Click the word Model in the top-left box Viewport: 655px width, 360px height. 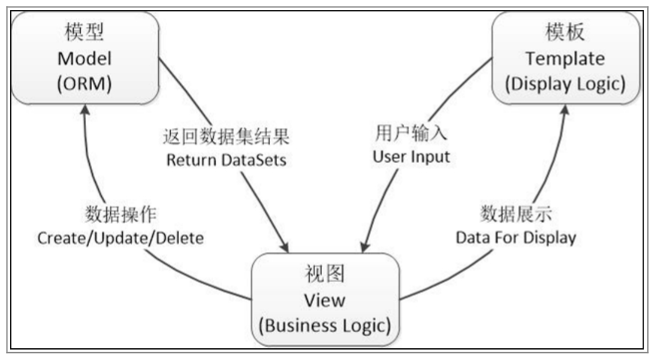(x=84, y=59)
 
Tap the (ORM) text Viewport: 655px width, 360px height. (x=84, y=84)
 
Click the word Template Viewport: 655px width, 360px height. (x=565, y=59)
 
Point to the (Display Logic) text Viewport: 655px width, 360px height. (x=565, y=84)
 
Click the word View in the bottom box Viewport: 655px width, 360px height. (x=325, y=300)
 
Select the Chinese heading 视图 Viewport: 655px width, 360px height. (x=325, y=274)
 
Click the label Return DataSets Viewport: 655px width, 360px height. (x=226, y=160)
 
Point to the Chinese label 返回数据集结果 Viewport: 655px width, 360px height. (x=226, y=137)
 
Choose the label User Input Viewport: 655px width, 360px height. (x=411, y=156)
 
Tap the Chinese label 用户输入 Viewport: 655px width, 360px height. (x=411, y=132)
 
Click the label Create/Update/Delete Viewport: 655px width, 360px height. (x=121, y=238)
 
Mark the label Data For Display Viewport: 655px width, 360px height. (x=515, y=237)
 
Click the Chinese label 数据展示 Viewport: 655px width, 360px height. (x=515, y=213)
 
